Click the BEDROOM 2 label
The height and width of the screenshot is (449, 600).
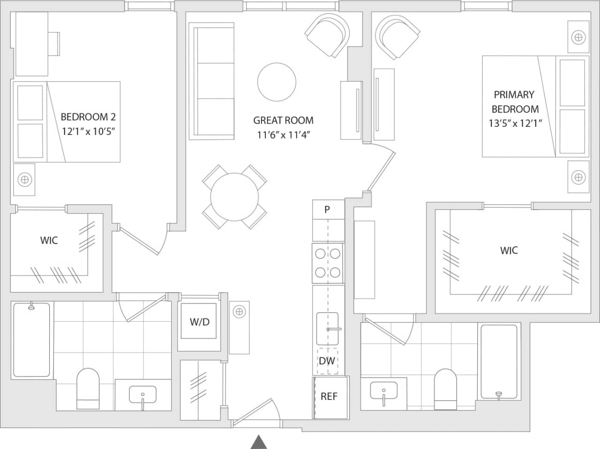click(x=88, y=117)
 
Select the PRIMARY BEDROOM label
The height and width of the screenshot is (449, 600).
click(x=514, y=102)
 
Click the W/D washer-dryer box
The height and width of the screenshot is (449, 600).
click(x=199, y=322)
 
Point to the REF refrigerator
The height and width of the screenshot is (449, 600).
click(x=329, y=397)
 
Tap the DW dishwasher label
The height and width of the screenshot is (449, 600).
click(x=327, y=361)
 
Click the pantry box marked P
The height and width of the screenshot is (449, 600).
click(x=327, y=209)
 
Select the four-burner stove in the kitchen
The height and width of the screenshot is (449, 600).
click(x=327, y=263)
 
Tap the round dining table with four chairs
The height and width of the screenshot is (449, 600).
click(x=234, y=197)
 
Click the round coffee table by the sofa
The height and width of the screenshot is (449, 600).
click(x=277, y=82)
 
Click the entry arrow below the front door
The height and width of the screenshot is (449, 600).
click(x=258, y=442)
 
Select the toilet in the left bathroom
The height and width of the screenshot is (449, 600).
click(x=88, y=389)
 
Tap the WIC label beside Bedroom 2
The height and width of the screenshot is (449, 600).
click(x=49, y=241)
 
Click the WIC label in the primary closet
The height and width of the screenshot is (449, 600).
click(x=509, y=250)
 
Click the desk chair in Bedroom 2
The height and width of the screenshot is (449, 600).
click(x=55, y=44)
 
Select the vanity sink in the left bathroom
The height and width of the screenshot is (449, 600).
click(x=142, y=395)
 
